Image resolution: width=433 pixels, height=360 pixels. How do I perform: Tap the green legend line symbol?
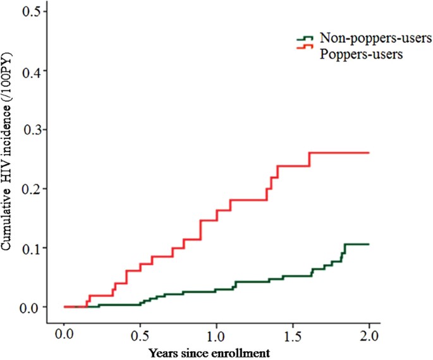click(x=305, y=40)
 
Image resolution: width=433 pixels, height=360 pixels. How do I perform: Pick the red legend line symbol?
click(x=305, y=48)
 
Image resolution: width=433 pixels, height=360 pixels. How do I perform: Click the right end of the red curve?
click(x=368, y=153)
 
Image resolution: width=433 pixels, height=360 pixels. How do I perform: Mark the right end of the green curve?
click(x=368, y=244)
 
